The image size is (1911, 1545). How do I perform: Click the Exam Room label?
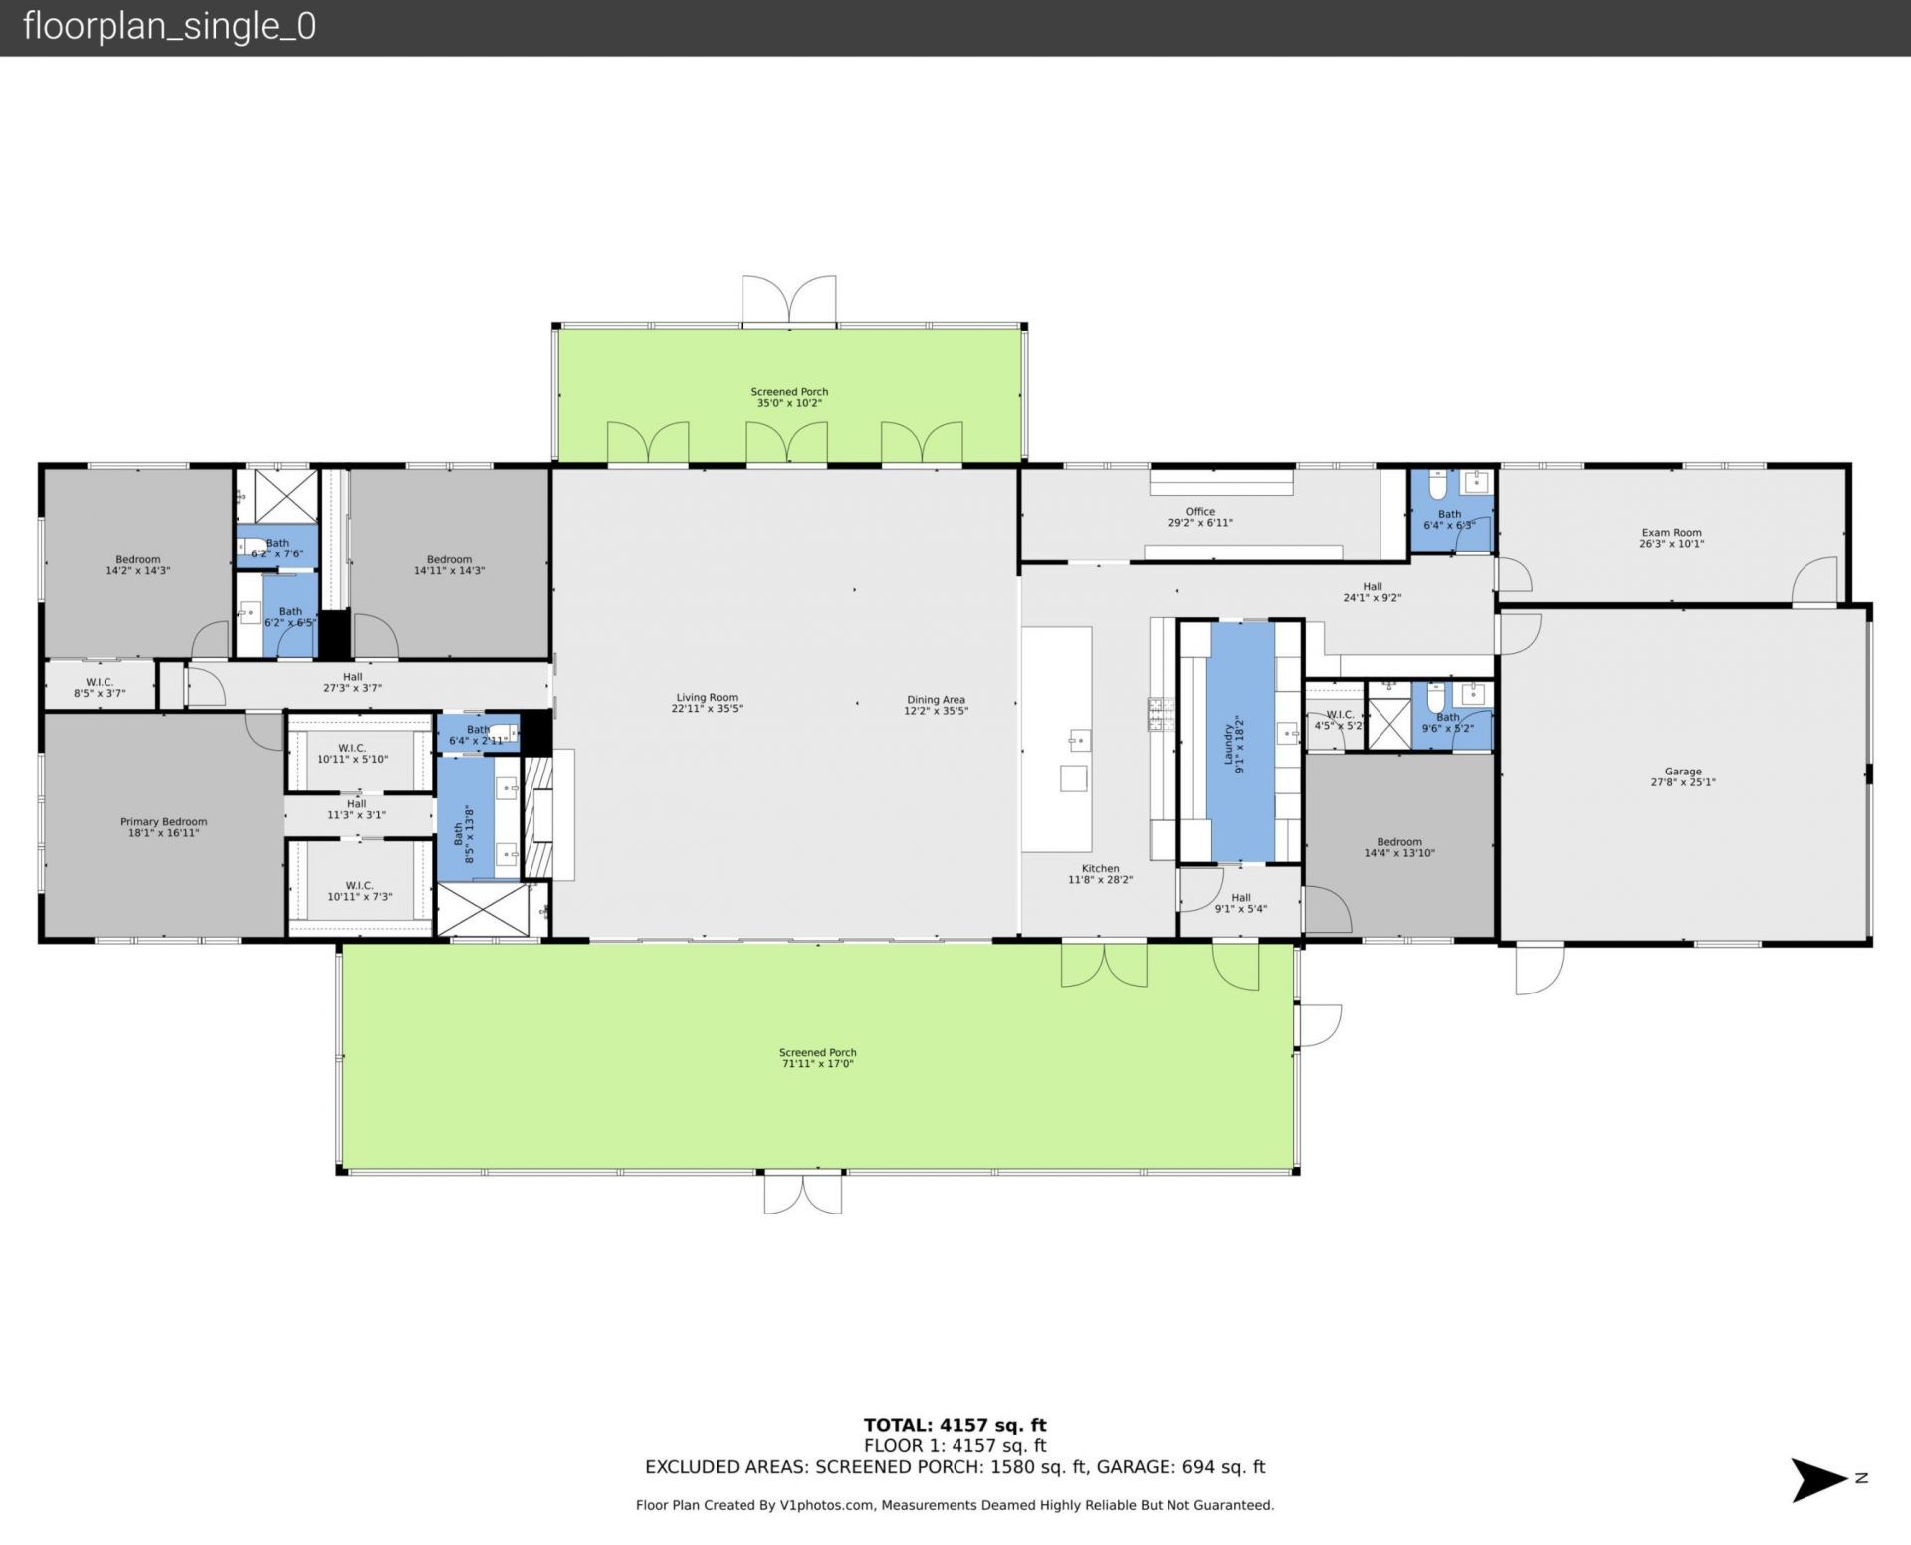pyautogui.click(x=1671, y=533)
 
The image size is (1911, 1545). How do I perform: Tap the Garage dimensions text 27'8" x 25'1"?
pyautogui.click(x=1682, y=782)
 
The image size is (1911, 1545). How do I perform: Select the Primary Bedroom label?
pyautogui.click(x=164, y=822)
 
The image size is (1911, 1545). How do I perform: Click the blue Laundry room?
pyautogui.click(x=1241, y=742)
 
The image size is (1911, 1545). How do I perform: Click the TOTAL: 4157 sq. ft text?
pyautogui.click(x=955, y=1425)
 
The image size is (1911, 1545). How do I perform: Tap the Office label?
pyautogui.click(x=1200, y=511)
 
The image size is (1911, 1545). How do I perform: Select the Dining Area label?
pyautogui.click(x=936, y=700)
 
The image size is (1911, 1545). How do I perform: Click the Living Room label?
pyautogui.click(x=707, y=698)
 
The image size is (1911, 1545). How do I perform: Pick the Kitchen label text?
pyautogui.click(x=1100, y=868)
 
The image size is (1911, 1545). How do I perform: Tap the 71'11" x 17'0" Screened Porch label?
pyautogui.click(x=817, y=1058)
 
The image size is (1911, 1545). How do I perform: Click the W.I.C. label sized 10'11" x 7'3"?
pyautogui.click(x=359, y=891)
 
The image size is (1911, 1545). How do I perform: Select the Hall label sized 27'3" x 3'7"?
pyautogui.click(x=353, y=682)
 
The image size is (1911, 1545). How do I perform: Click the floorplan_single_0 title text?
pyautogui.click(x=169, y=26)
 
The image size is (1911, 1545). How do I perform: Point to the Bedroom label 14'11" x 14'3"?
pyautogui.click(x=449, y=565)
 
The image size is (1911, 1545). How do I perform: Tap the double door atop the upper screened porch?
pyautogui.click(x=789, y=301)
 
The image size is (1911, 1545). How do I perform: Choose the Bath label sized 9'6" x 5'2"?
pyautogui.click(x=1448, y=722)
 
